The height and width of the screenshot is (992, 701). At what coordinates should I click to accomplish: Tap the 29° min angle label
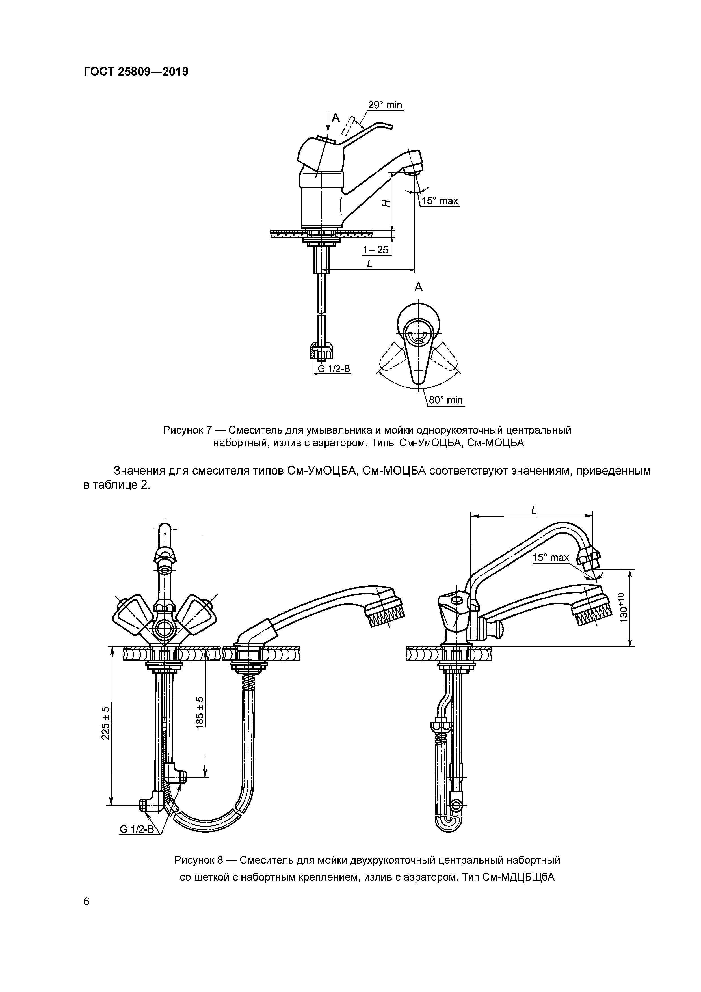tap(384, 105)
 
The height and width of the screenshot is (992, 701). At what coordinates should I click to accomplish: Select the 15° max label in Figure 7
tap(440, 201)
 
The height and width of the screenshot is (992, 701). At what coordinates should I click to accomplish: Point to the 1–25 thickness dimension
tap(375, 250)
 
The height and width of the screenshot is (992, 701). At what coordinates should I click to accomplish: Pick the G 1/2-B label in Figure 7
tap(334, 368)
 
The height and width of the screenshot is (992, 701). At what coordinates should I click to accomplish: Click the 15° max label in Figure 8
tap(551, 557)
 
